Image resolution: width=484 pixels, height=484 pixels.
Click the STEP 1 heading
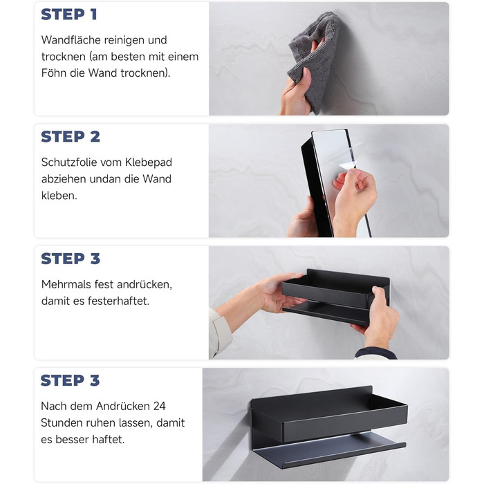click(69, 15)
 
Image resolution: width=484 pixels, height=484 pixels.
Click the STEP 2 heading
click(71, 136)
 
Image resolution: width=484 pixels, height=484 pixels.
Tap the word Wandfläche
click(71, 40)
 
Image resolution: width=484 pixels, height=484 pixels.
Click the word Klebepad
click(149, 162)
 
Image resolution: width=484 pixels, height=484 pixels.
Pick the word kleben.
click(59, 196)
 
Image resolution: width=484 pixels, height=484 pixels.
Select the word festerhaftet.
click(118, 301)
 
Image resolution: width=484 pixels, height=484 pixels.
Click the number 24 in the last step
click(159, 407)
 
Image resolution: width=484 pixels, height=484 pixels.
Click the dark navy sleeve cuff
click(375, 353)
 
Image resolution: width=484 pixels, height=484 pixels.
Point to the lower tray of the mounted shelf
click(329, 451)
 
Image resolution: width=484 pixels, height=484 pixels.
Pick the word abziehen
click(63, 179)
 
